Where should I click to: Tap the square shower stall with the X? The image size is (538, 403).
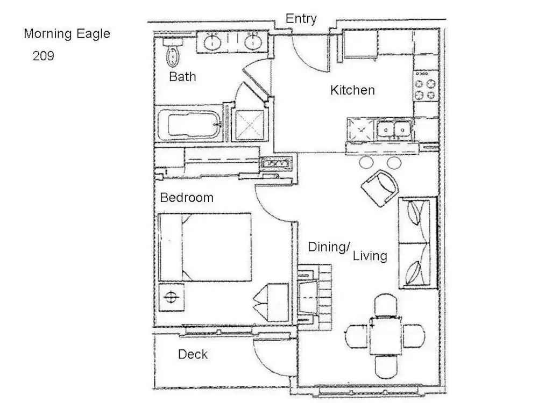[250, 125]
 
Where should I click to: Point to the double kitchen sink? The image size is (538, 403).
[394, 129]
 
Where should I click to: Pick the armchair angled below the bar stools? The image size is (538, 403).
[380, 188]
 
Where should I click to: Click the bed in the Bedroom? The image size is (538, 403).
[205, 247]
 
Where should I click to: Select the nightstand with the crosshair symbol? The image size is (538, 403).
[171, 297]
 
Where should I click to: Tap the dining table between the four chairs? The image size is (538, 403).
[385, 336]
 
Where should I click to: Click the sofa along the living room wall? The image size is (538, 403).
[417, 243]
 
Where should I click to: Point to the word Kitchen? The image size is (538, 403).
[352, 90]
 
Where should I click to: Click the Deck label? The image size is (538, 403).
[193, 354]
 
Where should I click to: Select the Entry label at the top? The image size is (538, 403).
[301, 18]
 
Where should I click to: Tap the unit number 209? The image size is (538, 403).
[43, 55]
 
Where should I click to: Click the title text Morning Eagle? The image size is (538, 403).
[67, 33]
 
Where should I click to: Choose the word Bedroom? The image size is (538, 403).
[187, 197]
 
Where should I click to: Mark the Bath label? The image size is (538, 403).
[182, 76]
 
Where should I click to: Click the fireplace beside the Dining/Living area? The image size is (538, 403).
[314, 297]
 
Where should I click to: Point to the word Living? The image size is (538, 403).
[370, 256]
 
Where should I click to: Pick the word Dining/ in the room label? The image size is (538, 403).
[329, 247]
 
